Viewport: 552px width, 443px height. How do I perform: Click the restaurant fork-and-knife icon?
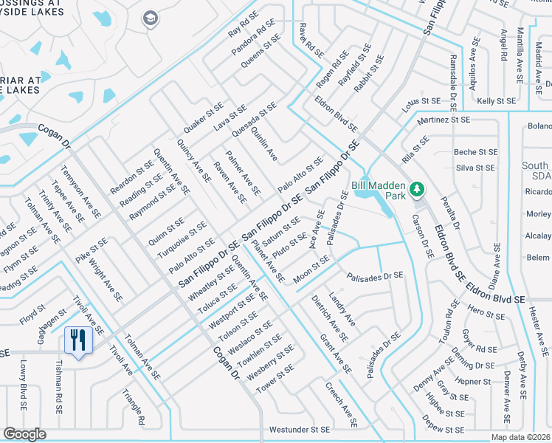77,340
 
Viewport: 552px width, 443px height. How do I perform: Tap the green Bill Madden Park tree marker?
417,190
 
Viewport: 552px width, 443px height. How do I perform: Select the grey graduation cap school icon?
151,18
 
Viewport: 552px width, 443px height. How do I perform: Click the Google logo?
24,434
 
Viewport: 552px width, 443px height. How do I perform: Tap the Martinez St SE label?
443,118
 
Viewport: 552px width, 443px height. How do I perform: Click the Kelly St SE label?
496,100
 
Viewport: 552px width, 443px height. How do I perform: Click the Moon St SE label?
311,269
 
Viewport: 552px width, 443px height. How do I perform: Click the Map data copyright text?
521,437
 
